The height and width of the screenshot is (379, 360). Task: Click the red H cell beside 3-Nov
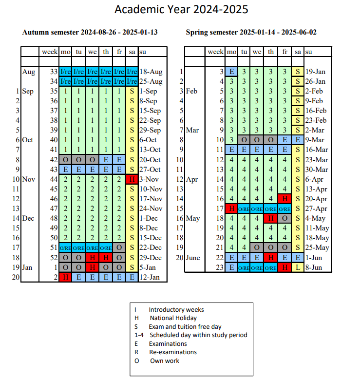pyautogui.click(x=132, y=179)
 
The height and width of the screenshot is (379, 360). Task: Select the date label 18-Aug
pyautogui.click(x=151, y=72)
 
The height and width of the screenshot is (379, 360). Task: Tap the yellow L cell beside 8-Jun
pyautogui.click(x=298, y=267)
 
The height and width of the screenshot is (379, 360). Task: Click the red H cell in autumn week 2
pyautogui.click(x=65, y=277)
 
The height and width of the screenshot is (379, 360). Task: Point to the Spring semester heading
pyautogui.click(x=251, y=33)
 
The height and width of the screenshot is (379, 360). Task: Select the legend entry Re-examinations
pyautogui.click(x=172, y=352)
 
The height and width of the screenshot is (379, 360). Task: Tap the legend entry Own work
pyautogui.click(x=164, y=360)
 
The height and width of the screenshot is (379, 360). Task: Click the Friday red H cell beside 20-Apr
pyautogui.click(x=284, y=199)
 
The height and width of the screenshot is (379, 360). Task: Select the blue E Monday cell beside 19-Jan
pyautogui.click(x=231, y=72)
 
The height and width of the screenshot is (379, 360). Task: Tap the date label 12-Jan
pyautogui.click(x=150, y=277)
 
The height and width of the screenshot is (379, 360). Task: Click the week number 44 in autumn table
pyautogui.click(x=53, y=179)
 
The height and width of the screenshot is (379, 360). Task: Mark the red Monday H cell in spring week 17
pyautogui.click(x=231, y=208)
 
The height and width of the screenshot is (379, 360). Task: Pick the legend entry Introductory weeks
pyautogui.click(x=176, y=310)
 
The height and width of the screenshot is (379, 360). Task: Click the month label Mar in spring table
pyautogui.click(x=192, y=130)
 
